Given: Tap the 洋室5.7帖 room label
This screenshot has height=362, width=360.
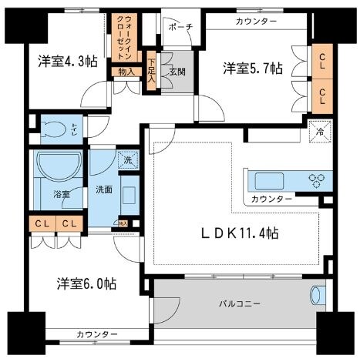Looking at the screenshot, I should click(253, 69).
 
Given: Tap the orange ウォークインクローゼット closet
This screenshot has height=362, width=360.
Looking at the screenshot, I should click(123, 38).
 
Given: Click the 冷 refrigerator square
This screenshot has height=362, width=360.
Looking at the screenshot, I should click(320, 130).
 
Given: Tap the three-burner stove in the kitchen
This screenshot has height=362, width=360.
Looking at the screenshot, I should click(317, 181).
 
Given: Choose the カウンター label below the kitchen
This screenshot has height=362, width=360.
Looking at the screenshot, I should click(271, 199).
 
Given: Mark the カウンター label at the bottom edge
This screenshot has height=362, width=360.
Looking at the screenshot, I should click(97, 334).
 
